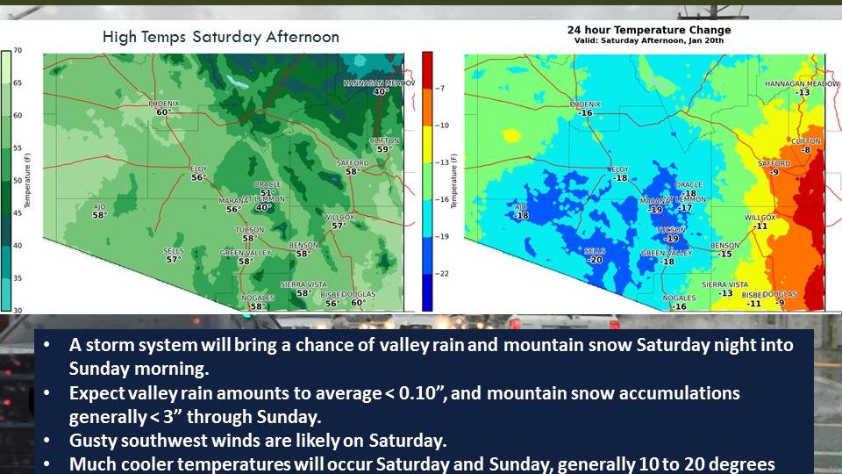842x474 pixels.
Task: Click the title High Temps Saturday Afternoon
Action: coord(220,37)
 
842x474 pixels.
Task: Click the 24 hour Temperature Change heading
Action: coord(649,30)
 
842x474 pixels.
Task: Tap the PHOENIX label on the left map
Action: coord(161,103)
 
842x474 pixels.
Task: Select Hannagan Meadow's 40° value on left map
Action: coord(381,91)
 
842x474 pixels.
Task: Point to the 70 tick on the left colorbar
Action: coord(17,51)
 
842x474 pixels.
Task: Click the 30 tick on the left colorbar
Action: coord(17,311)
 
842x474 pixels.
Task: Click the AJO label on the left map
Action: coord(99,206)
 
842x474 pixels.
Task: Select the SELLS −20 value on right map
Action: coord(596,260)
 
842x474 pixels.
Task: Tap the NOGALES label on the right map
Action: coord(679,298)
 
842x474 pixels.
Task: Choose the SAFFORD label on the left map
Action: coord(353,163)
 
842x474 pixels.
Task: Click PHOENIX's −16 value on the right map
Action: coord(586,113)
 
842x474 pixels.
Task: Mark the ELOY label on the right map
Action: coord(619,169)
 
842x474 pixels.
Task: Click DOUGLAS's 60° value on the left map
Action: coord(358,303)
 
